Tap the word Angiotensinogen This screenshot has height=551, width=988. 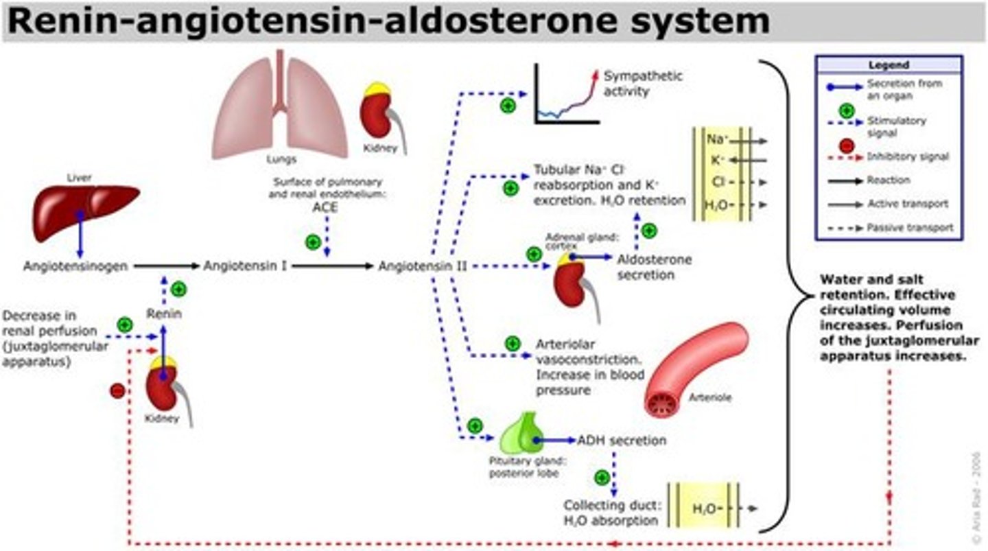click(75, 266)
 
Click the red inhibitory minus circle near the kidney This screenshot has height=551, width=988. click(117, 390)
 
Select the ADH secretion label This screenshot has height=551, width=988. click(622, 440)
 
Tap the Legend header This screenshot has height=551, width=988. click(888, 65)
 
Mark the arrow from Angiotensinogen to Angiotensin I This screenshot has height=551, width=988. click(165, 266)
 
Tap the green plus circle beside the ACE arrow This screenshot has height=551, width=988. click(313, 242)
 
